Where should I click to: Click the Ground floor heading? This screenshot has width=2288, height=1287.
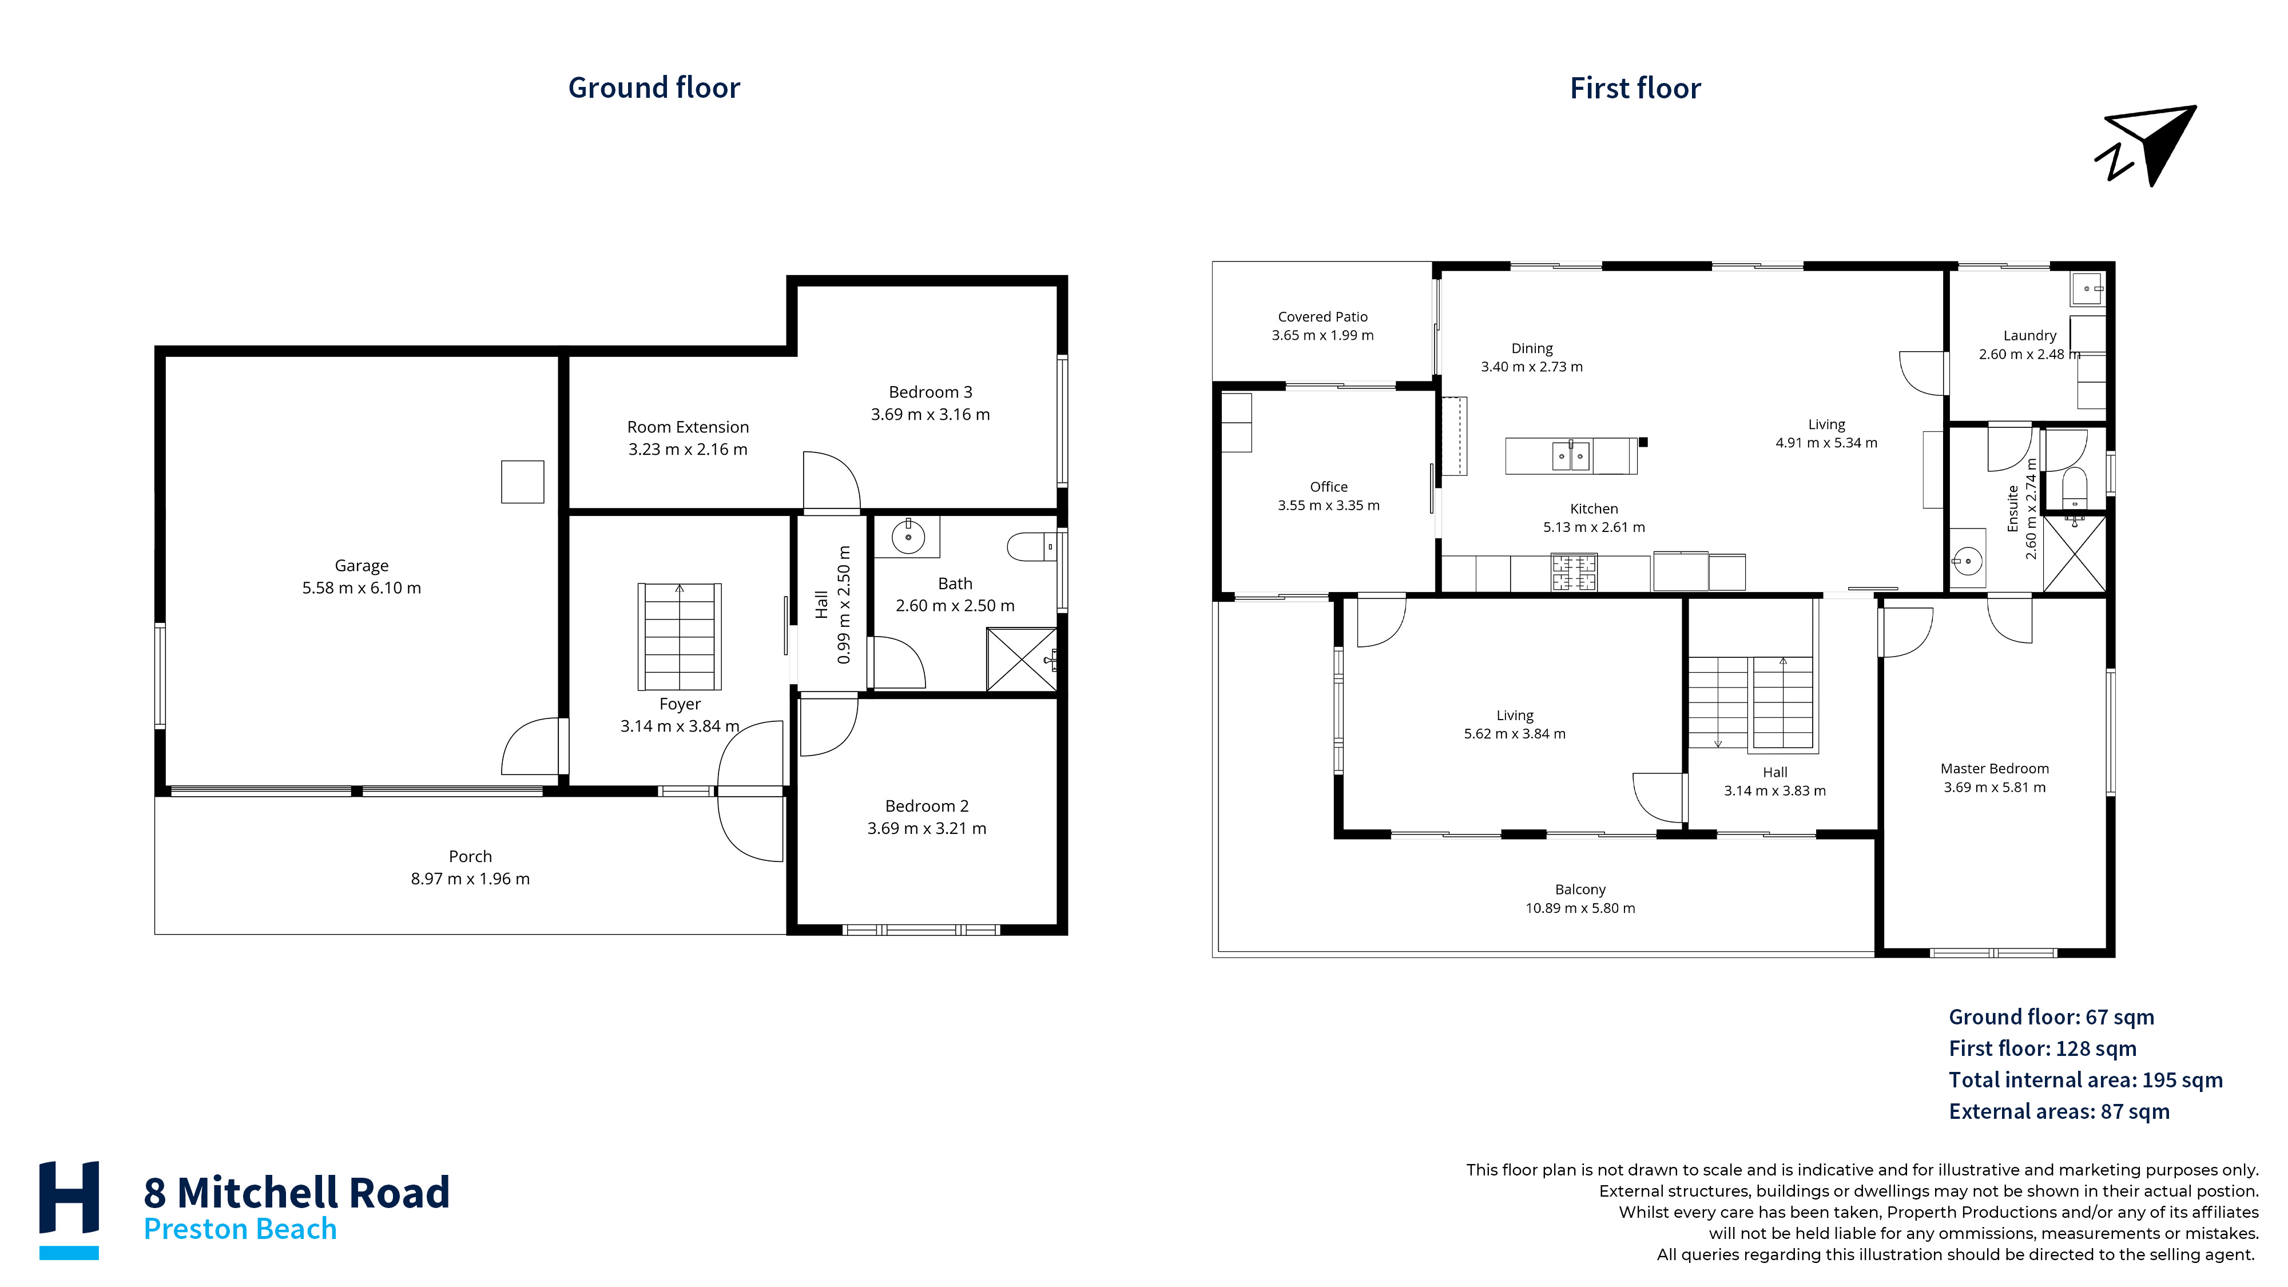654,88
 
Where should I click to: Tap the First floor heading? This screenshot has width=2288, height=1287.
1635,88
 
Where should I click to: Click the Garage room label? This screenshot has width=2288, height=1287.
362,566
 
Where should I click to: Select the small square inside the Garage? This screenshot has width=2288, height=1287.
522,482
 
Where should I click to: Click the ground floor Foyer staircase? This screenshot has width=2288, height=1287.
680,636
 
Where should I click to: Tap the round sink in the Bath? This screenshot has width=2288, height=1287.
908,537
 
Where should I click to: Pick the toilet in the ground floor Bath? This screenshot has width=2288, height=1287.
1031,546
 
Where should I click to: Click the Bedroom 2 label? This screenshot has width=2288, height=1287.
927,805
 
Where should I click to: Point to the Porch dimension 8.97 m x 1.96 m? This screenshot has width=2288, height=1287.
470,879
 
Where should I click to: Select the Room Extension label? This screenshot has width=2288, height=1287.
688,427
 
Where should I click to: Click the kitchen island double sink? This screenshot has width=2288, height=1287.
1570,456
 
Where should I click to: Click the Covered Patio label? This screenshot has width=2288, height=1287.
1322,317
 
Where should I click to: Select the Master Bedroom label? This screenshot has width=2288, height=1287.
1994,768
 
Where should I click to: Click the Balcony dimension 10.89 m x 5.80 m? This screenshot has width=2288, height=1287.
1580,908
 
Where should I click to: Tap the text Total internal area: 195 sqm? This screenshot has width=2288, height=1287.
2086,1080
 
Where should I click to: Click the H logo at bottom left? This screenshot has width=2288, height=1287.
69,1210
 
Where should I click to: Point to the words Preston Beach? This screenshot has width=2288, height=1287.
240,1229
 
